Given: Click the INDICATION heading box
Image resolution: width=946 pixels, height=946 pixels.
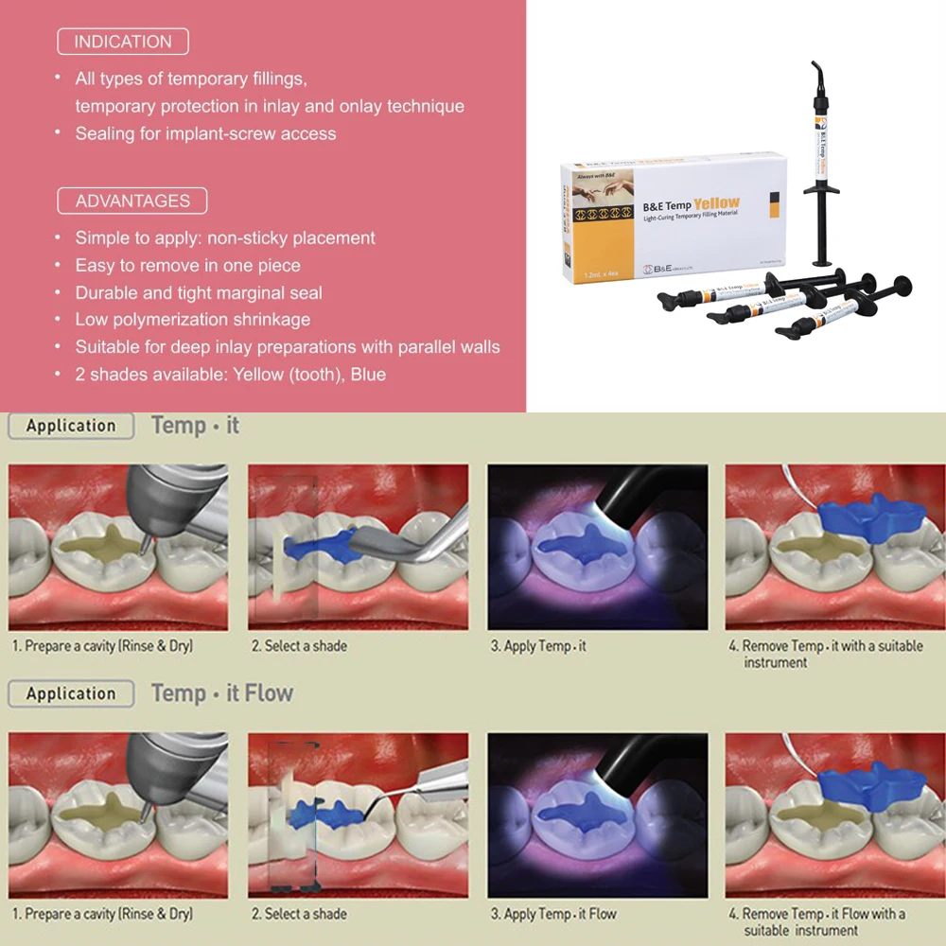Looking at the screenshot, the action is [123, 42].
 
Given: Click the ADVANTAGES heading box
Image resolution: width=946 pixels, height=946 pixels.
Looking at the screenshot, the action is [132, 201].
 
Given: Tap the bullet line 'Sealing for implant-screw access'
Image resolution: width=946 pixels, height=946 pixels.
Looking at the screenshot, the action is [205, 133].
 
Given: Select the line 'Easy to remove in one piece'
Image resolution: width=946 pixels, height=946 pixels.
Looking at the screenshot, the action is [187, 266].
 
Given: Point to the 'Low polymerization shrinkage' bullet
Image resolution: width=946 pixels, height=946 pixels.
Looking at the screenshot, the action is [193, 320].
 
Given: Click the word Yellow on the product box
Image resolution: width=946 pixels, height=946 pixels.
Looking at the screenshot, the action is [716, 203].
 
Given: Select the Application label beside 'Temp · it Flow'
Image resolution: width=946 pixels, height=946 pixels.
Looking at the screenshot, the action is [70, 693].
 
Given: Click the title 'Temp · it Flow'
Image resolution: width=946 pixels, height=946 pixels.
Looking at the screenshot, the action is [222, 693].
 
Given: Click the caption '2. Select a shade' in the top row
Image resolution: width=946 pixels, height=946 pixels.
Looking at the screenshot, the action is [299, 646].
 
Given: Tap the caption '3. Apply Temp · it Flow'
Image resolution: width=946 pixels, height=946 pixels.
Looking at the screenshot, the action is [553, 914].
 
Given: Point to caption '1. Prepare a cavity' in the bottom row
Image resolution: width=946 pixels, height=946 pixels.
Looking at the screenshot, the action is [102, 914].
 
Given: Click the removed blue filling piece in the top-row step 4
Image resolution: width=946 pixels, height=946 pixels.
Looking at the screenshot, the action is [870, 517].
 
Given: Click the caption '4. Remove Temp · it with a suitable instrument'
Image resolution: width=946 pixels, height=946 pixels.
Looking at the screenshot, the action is [826, 654].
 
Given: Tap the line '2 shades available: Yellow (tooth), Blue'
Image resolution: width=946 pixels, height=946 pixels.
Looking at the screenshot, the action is [230, 375].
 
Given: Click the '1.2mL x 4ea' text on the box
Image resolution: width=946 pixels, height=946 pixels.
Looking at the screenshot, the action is [593, 272].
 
